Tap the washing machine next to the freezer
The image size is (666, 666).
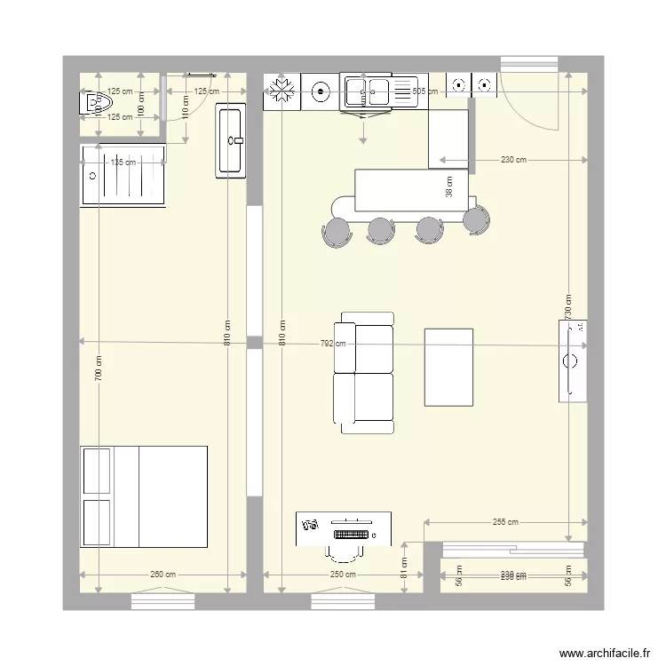(x=320, y=89)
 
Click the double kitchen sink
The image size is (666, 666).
(x=368, y=89)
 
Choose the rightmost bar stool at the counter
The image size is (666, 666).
(x=477, y=218)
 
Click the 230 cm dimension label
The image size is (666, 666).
(x=513, y=161)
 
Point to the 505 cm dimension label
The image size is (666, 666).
(x=424, y=91)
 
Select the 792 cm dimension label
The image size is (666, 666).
(x=338, y=344)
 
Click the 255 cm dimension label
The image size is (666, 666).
(x=505, y=523)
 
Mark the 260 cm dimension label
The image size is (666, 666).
(x=163, y=575)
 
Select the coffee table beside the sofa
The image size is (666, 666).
(x=448, y=367)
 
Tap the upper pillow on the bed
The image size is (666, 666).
(x=97, y=471)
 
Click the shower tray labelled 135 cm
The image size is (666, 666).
(x=123, y=176)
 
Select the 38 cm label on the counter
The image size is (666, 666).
(x=448, y=186)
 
